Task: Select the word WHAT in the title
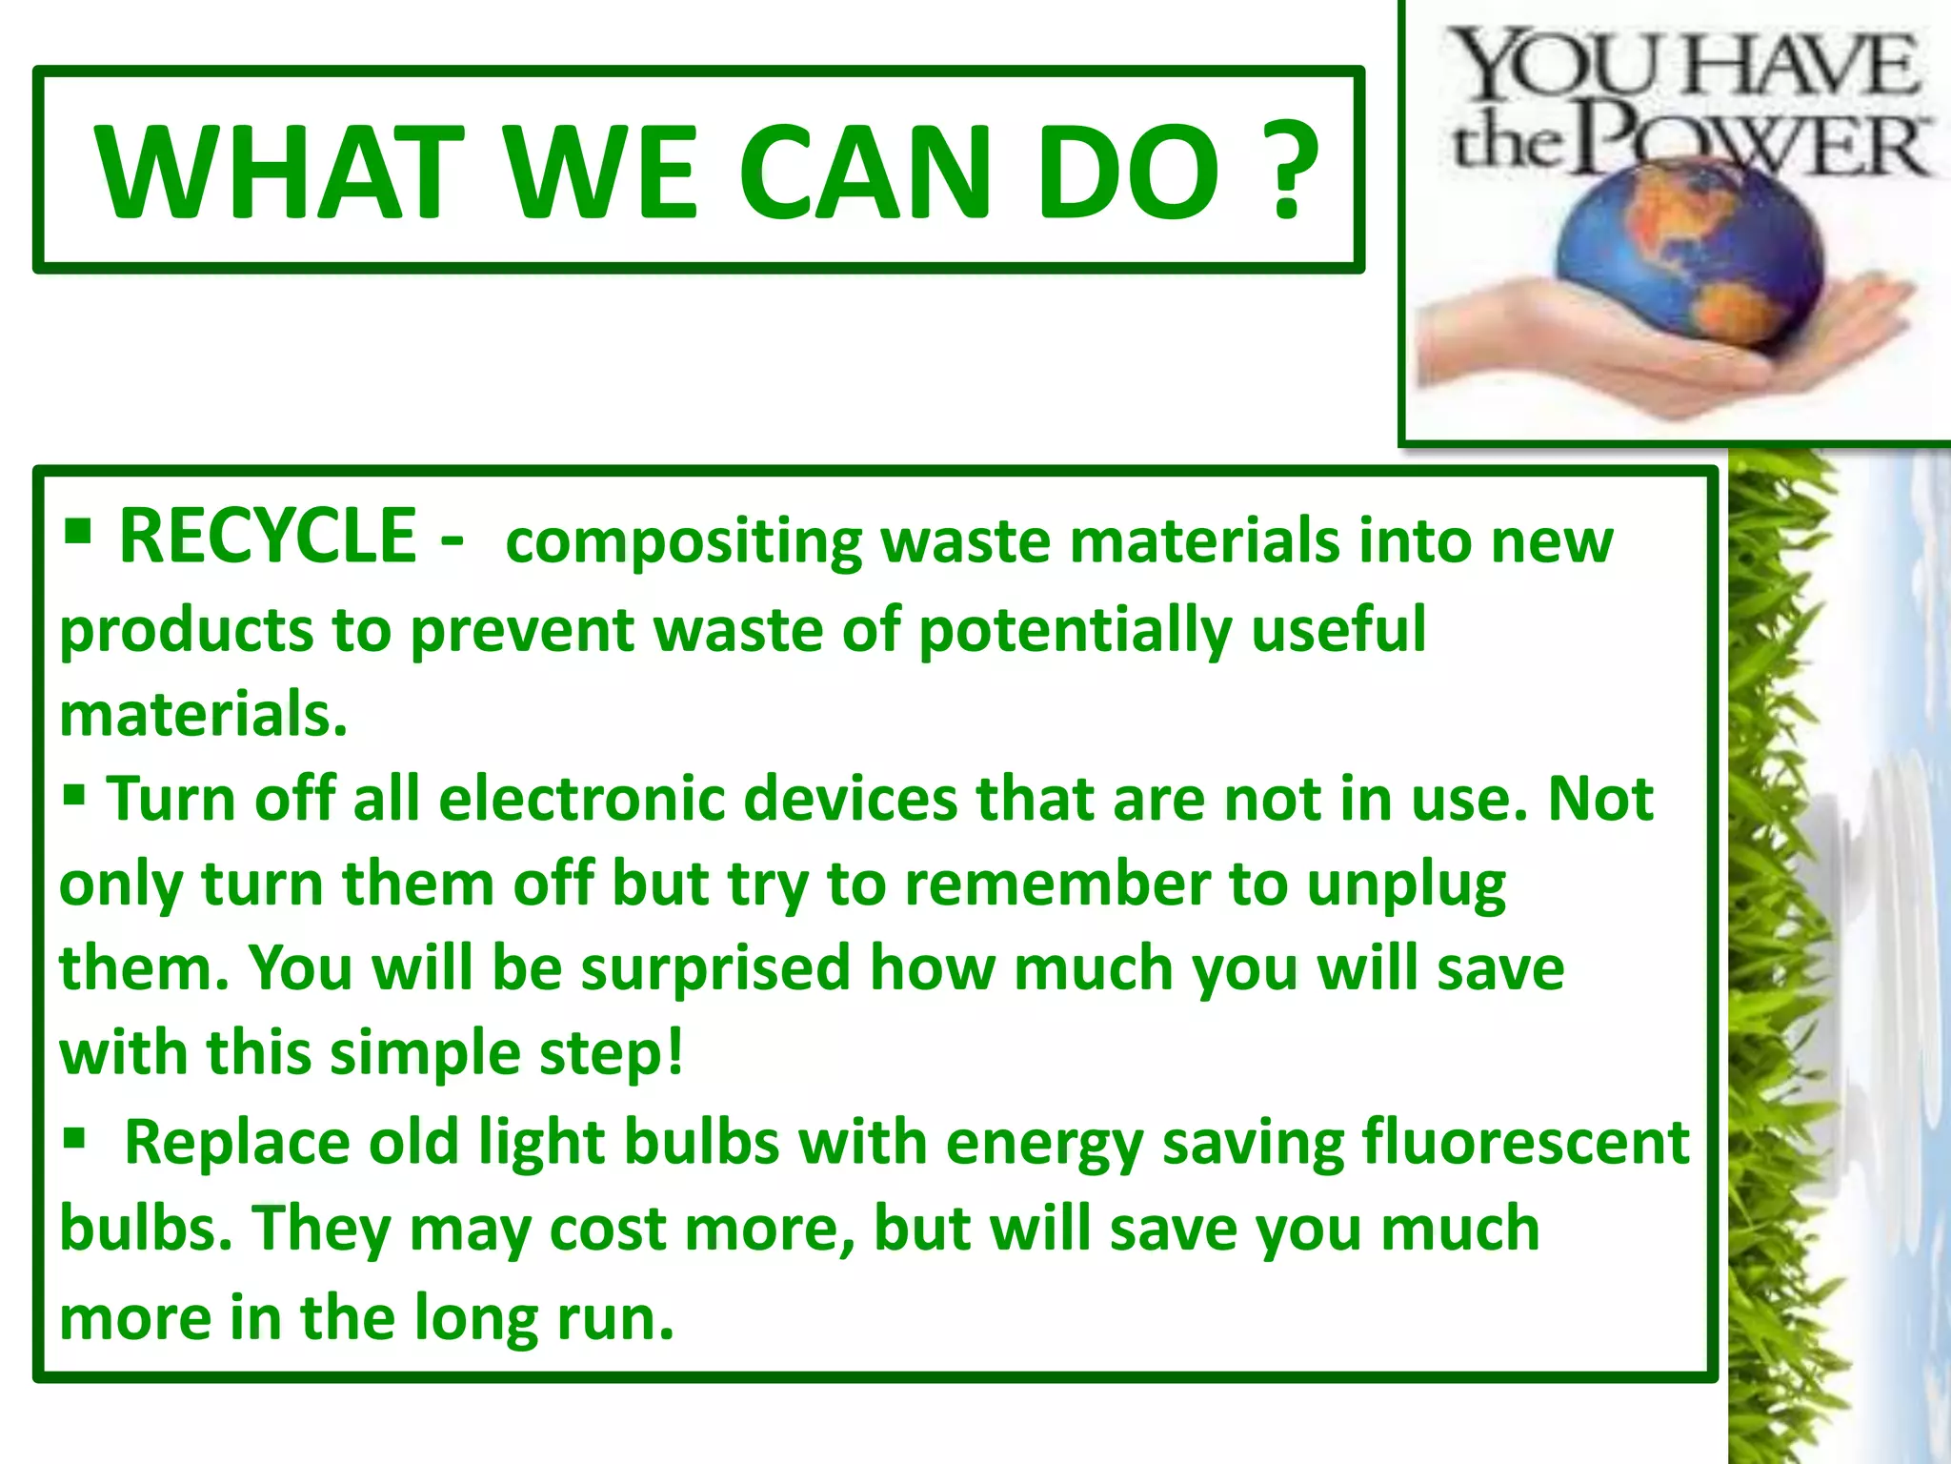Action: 276,172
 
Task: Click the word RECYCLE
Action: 268,536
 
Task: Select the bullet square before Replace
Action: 74,1136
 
